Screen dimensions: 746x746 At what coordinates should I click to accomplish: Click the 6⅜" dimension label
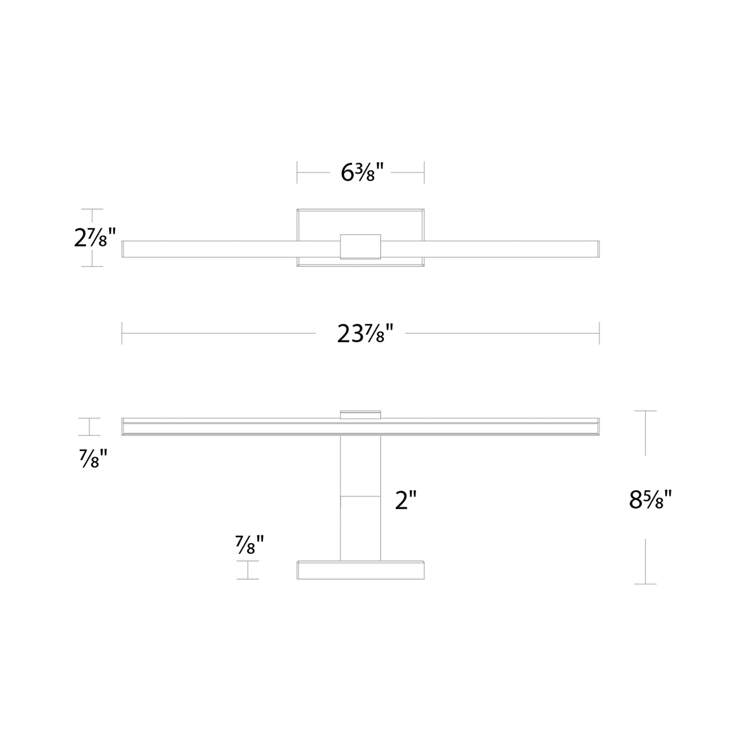pos(362,172)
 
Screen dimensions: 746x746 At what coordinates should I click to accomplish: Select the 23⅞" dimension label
pos(365,333)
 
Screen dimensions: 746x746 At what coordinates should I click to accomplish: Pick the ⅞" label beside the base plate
pos(250,545)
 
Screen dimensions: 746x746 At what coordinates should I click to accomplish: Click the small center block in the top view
pos(360,246)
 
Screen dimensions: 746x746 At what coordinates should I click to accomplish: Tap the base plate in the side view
pos(360,570)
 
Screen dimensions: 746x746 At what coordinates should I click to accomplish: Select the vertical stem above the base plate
pos(360,498)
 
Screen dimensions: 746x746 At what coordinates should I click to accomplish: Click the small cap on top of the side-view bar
pos(360,414)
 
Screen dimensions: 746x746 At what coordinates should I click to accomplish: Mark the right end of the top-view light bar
pos(598,249)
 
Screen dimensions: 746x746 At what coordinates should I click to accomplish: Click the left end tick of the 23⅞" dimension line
pos(122,333)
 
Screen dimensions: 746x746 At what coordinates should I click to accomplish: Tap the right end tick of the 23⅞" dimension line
pos(599,333)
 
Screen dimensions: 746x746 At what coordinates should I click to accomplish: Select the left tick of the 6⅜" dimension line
pos(297,172)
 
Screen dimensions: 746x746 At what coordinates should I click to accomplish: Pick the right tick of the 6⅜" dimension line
pos(424,172)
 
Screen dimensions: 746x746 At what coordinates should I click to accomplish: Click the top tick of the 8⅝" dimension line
pos(645,411)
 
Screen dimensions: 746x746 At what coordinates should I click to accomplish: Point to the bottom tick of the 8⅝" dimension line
pos(645,584)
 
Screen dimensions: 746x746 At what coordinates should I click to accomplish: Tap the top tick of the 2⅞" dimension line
pos(92,209)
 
